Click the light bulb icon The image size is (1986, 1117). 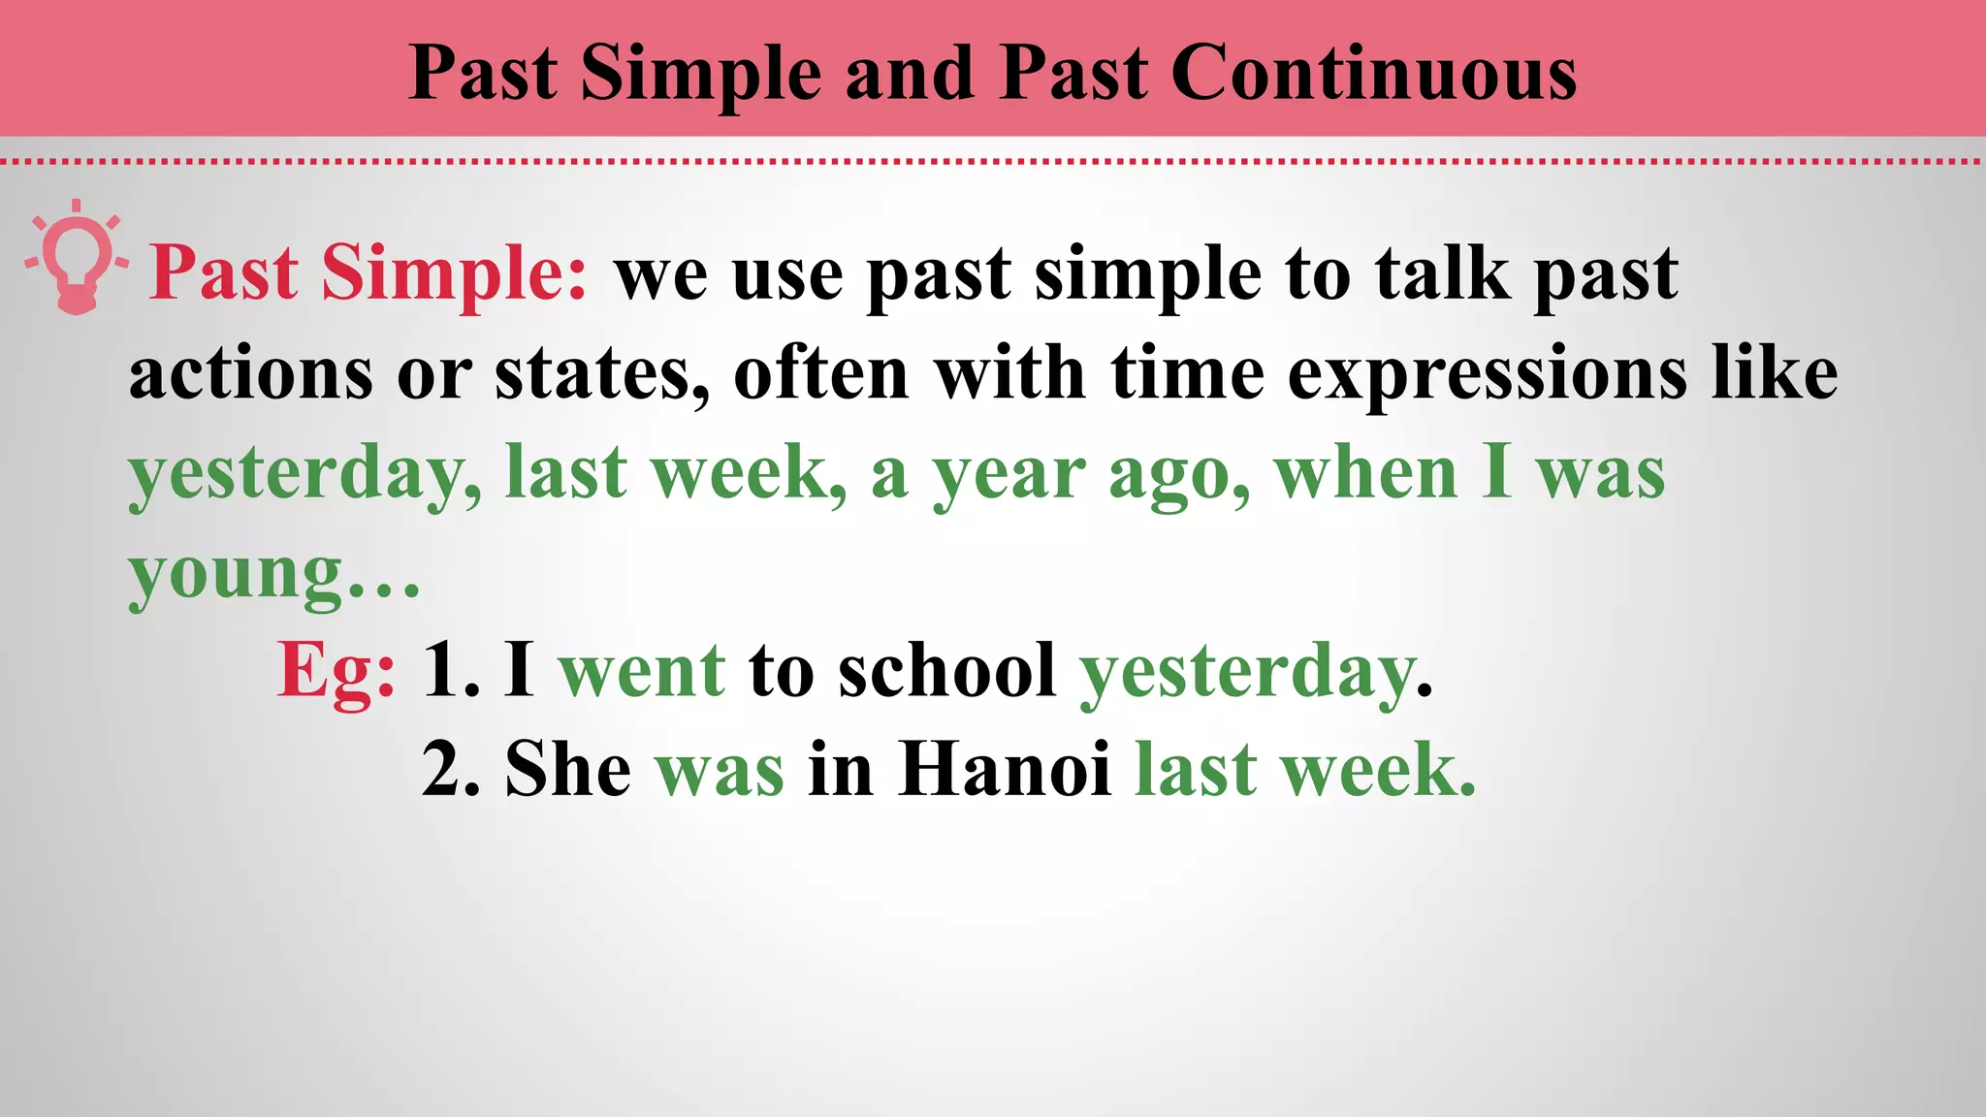76,258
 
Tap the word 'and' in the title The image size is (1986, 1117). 910,74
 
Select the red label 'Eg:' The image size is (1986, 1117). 336,671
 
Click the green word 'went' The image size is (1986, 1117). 641,671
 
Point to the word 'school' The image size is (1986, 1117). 946,671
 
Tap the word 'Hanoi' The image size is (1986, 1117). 1004,770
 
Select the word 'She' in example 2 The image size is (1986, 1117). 568,770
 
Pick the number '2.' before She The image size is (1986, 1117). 451,770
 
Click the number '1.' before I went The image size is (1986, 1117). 451,671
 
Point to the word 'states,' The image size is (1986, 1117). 602,374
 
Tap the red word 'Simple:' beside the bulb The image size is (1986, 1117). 454,273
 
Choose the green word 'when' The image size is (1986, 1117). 1365,473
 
